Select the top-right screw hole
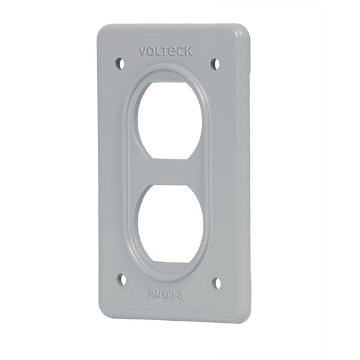pos(215,63)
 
